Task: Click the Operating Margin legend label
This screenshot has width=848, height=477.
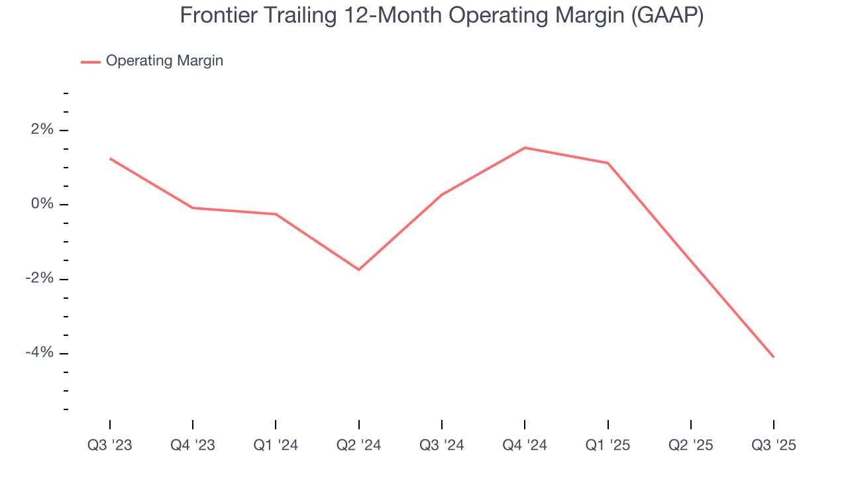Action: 164,61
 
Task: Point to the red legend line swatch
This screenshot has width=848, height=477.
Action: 91,62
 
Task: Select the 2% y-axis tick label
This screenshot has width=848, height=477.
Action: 42,130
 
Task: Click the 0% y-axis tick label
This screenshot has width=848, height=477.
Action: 42,204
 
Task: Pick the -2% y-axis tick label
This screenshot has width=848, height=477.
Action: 39,278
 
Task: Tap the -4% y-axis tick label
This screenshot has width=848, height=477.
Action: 39,352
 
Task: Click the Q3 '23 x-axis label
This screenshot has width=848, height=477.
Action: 110,445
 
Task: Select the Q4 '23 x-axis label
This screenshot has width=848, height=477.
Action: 193,445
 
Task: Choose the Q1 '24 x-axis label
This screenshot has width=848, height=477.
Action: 276,445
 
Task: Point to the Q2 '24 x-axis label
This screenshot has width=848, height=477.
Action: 358,445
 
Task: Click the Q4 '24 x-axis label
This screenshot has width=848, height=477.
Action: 525,445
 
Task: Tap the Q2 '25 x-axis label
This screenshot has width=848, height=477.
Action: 691,445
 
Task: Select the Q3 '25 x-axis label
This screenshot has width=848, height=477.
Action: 774,445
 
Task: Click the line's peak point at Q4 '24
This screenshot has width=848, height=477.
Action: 525,148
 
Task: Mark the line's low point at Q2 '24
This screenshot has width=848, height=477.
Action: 358,270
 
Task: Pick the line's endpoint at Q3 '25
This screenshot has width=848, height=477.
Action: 773,357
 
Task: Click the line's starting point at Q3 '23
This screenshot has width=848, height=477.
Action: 110,158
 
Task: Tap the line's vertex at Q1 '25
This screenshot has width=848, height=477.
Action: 608,163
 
